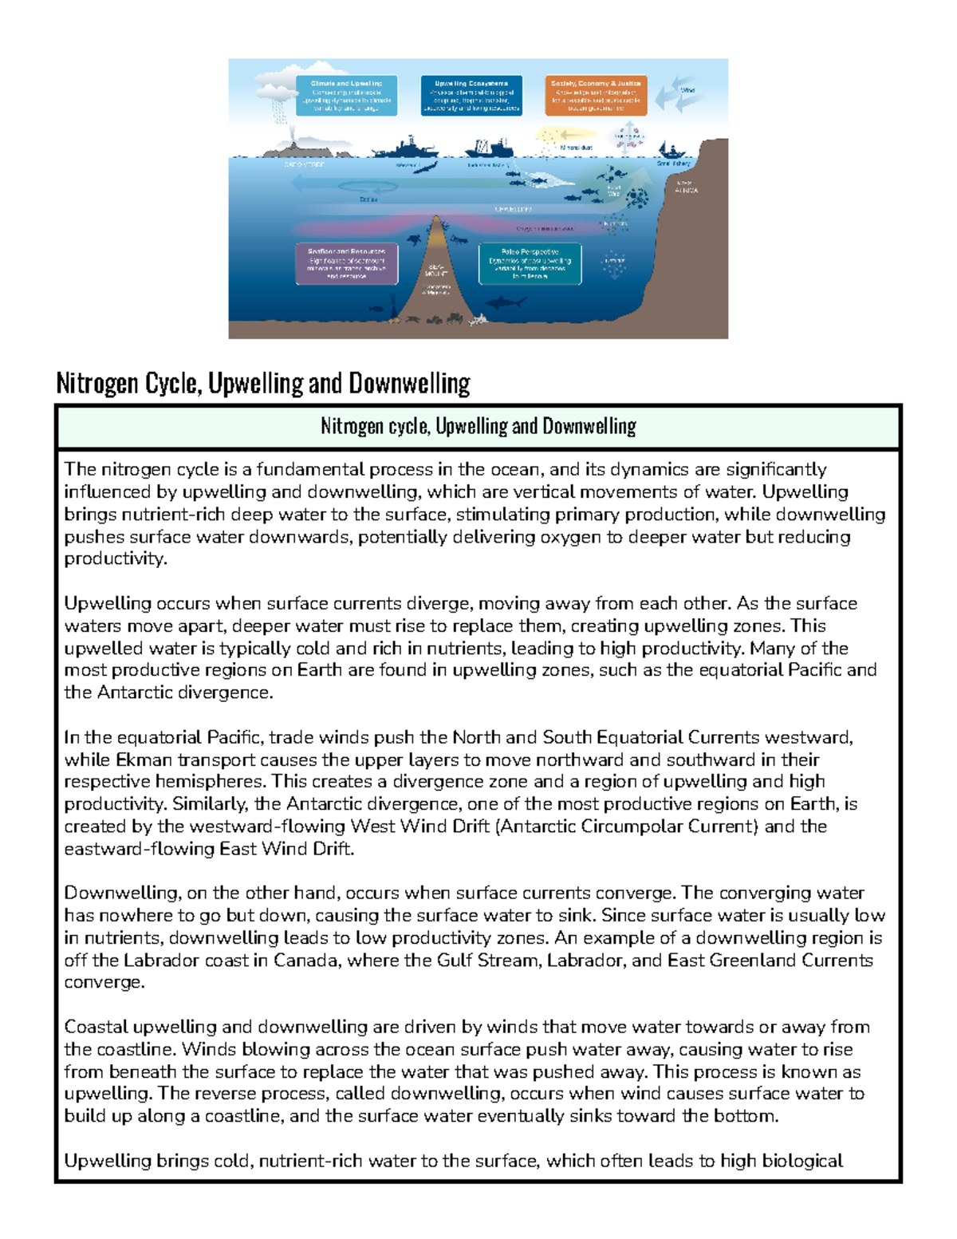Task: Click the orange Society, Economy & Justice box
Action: (596, 96)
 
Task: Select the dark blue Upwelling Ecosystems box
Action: (471, 96)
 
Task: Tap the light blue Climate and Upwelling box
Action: (346, 96)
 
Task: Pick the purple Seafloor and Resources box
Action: (346, 263)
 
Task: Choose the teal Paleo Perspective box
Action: (530, 264)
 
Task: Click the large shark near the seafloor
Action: (506, 302)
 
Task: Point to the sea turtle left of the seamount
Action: (414, 239)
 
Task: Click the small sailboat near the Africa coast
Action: (671, 150)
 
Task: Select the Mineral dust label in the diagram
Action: (576, 148)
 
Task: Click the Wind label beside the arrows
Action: (687, 91)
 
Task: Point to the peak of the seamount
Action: (436, 219)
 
